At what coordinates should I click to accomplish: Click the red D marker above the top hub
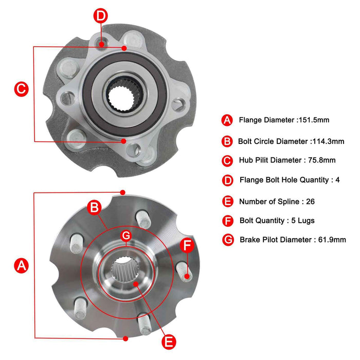pyautogui.click(x=101, y=15)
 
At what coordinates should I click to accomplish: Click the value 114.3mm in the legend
pyautogui.click(x=328, y=141)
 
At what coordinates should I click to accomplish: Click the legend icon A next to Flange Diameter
pyautogui.click(x=227, y=120)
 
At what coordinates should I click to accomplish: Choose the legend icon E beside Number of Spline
pyautogui.click(x=227, y=201)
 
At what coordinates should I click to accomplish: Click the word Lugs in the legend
pyautogui.click(x=305, y=221)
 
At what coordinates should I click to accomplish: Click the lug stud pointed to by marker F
pyautogui.click(x=184, y=270)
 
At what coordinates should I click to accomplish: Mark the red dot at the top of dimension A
pyautogui.click(x=122, y=192)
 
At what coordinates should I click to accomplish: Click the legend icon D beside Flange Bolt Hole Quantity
pyautogui.click(x=227, y=181)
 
